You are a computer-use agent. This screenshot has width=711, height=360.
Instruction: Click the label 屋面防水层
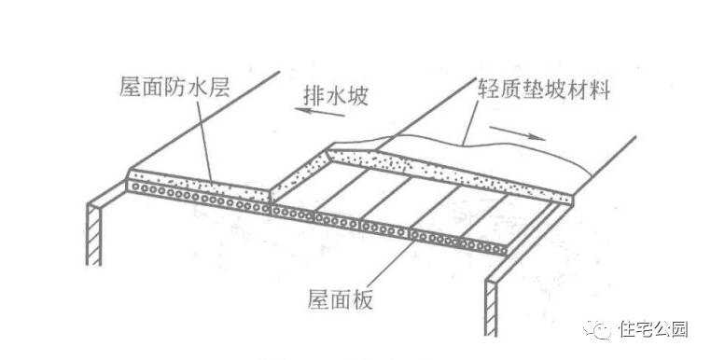(174, 90)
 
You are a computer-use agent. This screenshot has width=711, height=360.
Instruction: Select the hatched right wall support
(491, 308)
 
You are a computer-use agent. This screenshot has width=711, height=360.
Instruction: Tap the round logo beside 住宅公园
(602, 329)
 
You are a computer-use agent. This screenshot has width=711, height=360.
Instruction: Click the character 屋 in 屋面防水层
(131, 90)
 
